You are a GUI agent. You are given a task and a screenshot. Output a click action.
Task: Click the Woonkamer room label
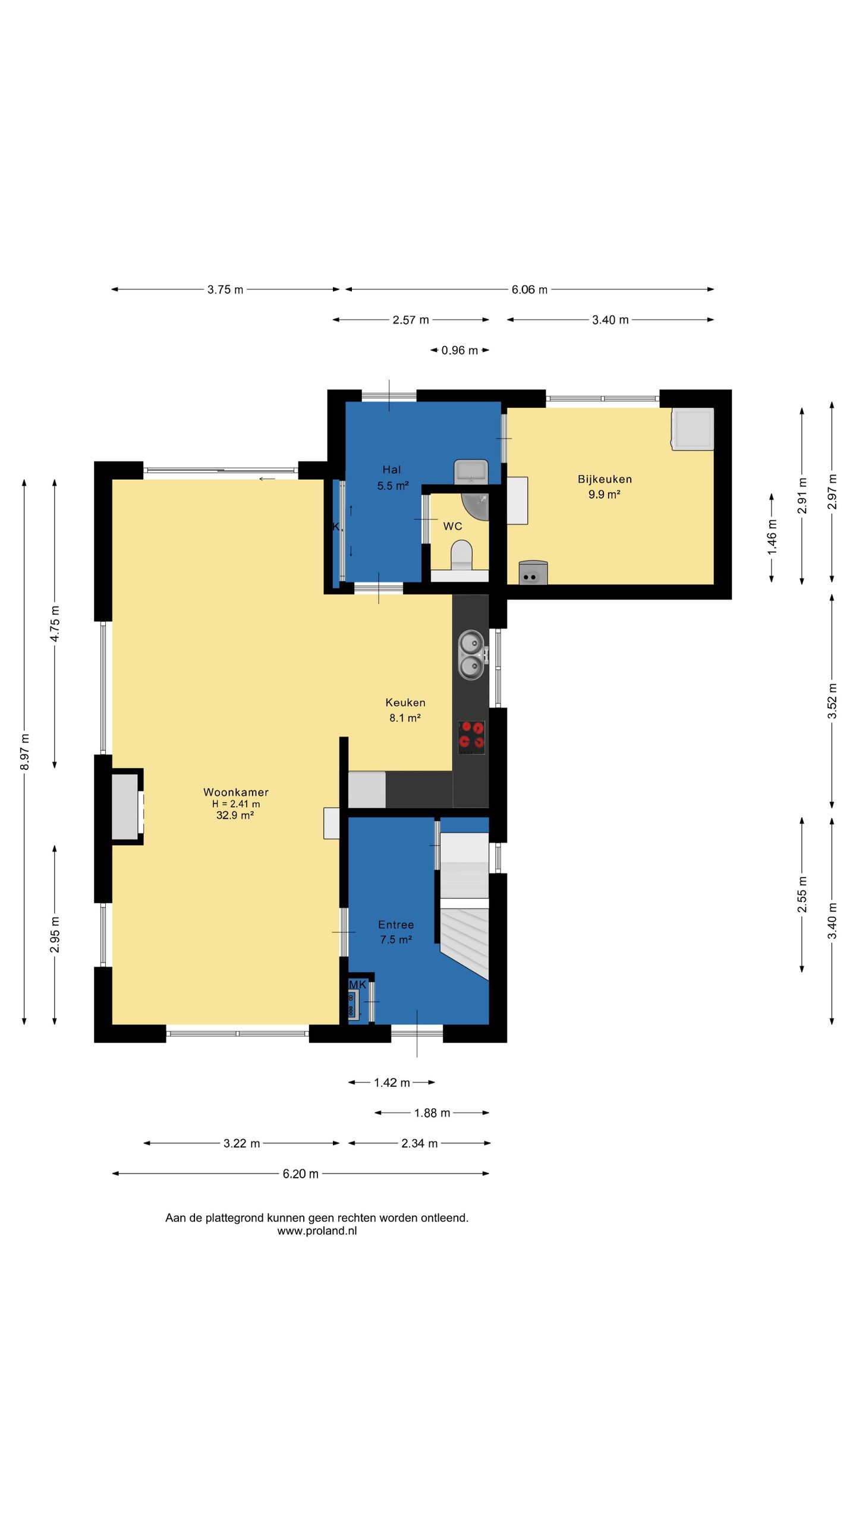pos(236,792)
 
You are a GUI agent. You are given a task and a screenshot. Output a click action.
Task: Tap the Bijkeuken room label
pos(605,479)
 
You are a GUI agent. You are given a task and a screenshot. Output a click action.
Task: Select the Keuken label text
pos(405,703)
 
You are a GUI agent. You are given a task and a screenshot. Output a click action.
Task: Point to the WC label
pos(452,526)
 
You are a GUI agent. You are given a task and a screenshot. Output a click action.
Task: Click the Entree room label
pos(396,924)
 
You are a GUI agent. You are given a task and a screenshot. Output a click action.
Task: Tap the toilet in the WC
pos(461,555)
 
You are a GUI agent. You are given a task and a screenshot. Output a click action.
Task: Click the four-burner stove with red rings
pos(471,737)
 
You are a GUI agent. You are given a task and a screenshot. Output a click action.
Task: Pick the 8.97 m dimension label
pos(24,751)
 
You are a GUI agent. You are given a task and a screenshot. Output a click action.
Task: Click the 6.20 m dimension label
pos(301,1174)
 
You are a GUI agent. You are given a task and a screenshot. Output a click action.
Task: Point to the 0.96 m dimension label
pos(460,350)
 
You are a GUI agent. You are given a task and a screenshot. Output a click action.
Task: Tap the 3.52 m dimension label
pos(832,701)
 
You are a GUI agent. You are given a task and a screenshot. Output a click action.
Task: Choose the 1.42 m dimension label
pos(392,1083)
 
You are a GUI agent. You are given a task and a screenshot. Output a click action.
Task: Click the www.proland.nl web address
pos(317,1231)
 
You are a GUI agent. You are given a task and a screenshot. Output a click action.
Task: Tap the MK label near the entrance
pos(357,985)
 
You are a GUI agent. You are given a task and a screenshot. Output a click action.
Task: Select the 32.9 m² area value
pos(235,815)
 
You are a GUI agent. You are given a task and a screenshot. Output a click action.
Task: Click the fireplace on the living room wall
pos(127,807)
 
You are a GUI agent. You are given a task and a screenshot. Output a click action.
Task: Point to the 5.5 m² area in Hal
pos(393,486)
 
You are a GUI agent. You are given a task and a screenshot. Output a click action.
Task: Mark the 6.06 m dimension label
pos(530,290)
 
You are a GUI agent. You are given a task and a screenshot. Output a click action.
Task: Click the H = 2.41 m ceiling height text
pos(236,804)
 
